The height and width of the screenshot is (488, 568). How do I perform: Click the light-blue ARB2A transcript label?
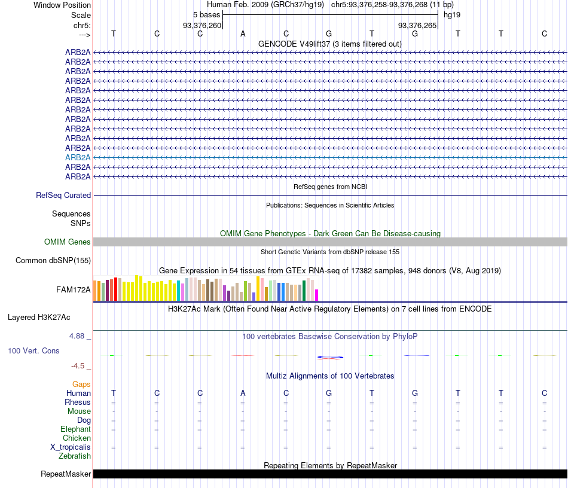click(78, 157)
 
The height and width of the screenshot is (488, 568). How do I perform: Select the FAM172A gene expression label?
click(74, 290)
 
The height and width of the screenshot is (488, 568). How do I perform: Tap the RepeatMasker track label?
click(66, 474)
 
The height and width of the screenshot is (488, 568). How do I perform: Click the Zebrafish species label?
click(75, 456)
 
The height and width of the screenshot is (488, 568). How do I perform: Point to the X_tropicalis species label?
click(71, 447)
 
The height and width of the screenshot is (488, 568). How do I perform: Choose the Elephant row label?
click(75, 429)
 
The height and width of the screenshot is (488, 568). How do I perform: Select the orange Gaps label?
click(81, 385)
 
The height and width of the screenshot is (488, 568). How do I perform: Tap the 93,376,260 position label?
click(202, 25)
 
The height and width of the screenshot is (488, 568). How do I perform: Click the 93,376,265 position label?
click(417, 25)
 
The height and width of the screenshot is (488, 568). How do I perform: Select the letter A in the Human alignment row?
click(243, 393)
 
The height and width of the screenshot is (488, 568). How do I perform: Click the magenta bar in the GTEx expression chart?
click(317, 295)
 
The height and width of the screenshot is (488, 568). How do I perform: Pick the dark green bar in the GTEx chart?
click(304, 291)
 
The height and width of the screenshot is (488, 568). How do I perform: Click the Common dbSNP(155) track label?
click(53, 261)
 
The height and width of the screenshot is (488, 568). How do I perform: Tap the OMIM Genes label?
click(68, 242)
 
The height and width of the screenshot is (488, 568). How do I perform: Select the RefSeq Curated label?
click(63, 195)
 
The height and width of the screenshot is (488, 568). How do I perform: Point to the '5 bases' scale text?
click(206, 14)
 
